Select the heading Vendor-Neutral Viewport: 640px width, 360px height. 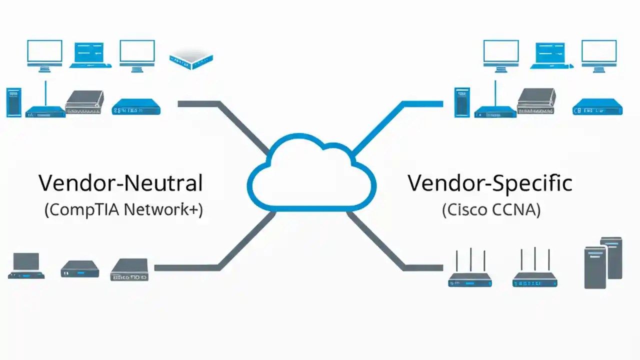(x=121, y=183)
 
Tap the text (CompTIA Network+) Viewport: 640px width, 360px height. (x=123, y=209)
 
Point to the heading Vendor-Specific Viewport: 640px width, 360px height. (x=489, y=183)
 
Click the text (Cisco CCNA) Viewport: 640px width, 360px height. (x=491, y=209)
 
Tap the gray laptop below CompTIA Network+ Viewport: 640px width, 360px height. (x=26, y=265)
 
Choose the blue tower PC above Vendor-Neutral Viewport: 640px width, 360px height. (x=13, y=102)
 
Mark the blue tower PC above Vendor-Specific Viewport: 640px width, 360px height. (x=462, y=102)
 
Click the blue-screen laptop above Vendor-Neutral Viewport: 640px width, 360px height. (x=90, y=54)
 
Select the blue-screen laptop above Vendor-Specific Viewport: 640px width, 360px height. (x=552, y=54)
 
